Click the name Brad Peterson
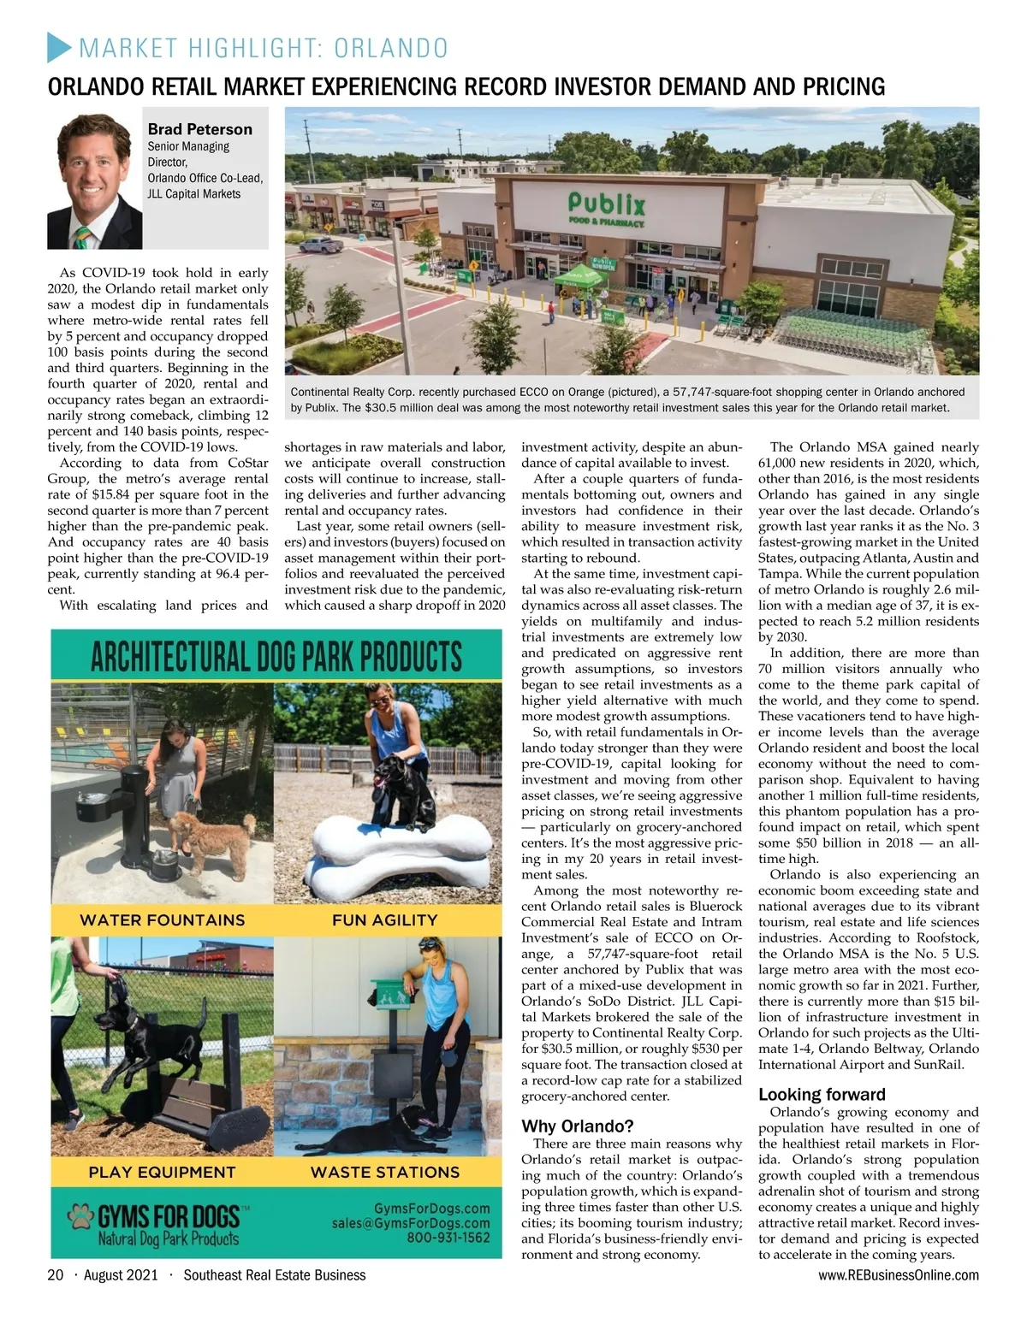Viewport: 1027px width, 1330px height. pyautogui.click(x=199, y=129)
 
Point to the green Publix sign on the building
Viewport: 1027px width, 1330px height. pyautogui.click(x=606, y=205)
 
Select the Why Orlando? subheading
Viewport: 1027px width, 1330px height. pyautogui.click(x=578, y=1126)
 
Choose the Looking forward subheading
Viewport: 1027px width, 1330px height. pyautogui.click(x=822, y=1094)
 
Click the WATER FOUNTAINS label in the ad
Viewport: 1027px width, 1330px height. pyautogui.click(x=162, y=920)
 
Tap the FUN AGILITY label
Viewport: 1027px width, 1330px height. pyautogui.click(x=384, y=920)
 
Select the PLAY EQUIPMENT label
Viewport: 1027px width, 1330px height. pyautogui.click(x=162, y=1172)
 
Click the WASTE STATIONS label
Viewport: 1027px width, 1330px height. pyautogui.click(x=384, y=1172)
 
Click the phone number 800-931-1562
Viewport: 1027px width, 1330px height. pyautogui.click(x=448, y=1238)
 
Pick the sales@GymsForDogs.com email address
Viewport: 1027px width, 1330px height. pyautogui.click(x=411, y=1223)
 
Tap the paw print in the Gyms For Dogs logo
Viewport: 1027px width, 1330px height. pyautogui.click(x=81, y=1215)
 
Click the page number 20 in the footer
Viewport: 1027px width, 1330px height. pyautogui.click(x=56, y=1275)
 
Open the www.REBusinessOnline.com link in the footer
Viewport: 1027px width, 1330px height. pyautogui.click(x=898, y=1275)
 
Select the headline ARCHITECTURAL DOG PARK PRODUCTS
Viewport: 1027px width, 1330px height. pyautogui.click(x=276, y=659)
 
